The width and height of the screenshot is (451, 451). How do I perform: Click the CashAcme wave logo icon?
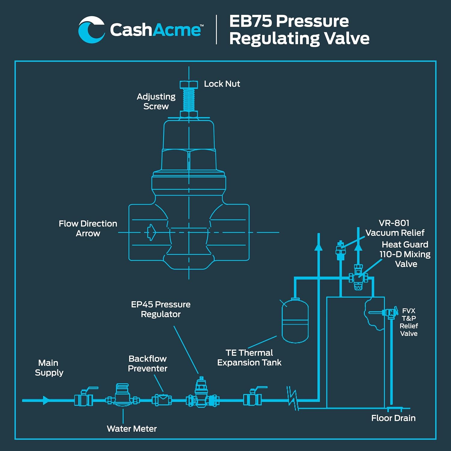(91, 30)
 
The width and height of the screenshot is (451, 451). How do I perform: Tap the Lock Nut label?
(222, 84)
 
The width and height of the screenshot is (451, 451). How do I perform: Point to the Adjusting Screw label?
(156, 101)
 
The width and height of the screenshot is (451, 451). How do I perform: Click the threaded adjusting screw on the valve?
(189, 100)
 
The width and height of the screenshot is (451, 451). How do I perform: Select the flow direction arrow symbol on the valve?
(151, 232)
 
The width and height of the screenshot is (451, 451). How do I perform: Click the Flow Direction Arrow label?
(88, 229)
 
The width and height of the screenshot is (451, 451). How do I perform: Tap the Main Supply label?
(49, 368)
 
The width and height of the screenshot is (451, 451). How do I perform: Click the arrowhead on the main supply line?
(46, 400)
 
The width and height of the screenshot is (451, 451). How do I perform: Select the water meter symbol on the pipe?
(122, 395)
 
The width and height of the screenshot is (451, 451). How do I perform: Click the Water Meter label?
(132, 429)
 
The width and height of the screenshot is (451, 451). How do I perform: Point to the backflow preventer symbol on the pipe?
(162, 400)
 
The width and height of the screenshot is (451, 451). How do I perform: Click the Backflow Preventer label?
(147, 364)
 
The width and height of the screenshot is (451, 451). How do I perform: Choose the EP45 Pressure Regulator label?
(161, 309)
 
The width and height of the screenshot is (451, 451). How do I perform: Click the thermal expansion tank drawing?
(295, 320)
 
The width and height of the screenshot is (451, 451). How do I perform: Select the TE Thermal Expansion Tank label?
(249, 357)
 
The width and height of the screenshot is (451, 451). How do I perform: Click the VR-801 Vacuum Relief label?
(394, 228)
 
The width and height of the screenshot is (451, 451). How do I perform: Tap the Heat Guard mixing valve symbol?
(358, 278)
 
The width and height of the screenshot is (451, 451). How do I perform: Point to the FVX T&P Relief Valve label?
(409, 322)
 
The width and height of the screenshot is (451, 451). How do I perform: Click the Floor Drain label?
(393, 418)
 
